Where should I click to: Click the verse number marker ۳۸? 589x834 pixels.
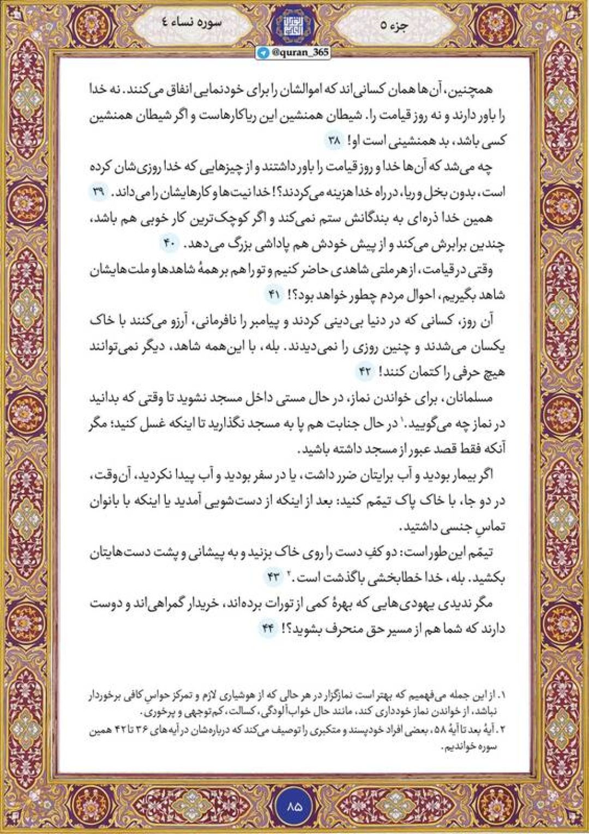coord(334,141)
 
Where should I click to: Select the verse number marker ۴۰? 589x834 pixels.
coord(169,244)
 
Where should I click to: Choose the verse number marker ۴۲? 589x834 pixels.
coord(364,372)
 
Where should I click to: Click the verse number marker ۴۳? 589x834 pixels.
coord(273,577)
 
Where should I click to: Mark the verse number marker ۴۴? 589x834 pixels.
coord(267,628)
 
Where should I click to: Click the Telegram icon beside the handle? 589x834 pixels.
coord(263,53)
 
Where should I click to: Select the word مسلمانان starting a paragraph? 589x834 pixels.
coord(468,398)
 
